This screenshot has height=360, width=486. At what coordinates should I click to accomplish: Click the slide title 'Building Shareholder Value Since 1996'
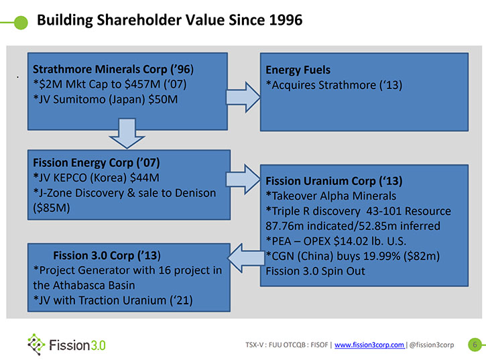[x=170, y=20]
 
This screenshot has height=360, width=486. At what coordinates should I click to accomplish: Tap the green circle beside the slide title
[x=21, y=23]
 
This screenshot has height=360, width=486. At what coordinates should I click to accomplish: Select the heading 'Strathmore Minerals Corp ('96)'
[x=113, y=69]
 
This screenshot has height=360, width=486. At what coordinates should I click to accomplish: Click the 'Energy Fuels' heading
[x=298, y=70]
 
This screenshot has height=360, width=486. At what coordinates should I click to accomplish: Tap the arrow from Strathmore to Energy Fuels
[x=243, y=97]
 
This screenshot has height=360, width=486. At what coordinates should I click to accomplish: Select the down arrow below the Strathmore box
[x=127, y=133]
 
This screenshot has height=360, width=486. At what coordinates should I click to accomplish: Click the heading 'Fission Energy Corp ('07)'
[x=97, y=163]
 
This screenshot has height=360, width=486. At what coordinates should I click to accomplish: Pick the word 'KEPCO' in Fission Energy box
[x=70, y=178]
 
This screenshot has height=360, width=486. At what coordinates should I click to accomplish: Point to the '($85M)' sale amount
[x=52, y=208]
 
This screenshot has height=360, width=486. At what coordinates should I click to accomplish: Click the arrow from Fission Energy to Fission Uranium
[x=243, y=179]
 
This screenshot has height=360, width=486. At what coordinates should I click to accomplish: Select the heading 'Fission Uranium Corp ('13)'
[x=334, y=181]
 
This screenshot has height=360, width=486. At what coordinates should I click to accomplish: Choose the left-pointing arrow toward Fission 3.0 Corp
[x=246, y=258]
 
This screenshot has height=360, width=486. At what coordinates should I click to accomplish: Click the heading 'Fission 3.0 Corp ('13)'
[x=107, y=255]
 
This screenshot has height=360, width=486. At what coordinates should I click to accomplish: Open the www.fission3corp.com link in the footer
[x=369, y=345]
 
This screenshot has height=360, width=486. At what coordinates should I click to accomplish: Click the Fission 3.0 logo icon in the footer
[x=36, y=344]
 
